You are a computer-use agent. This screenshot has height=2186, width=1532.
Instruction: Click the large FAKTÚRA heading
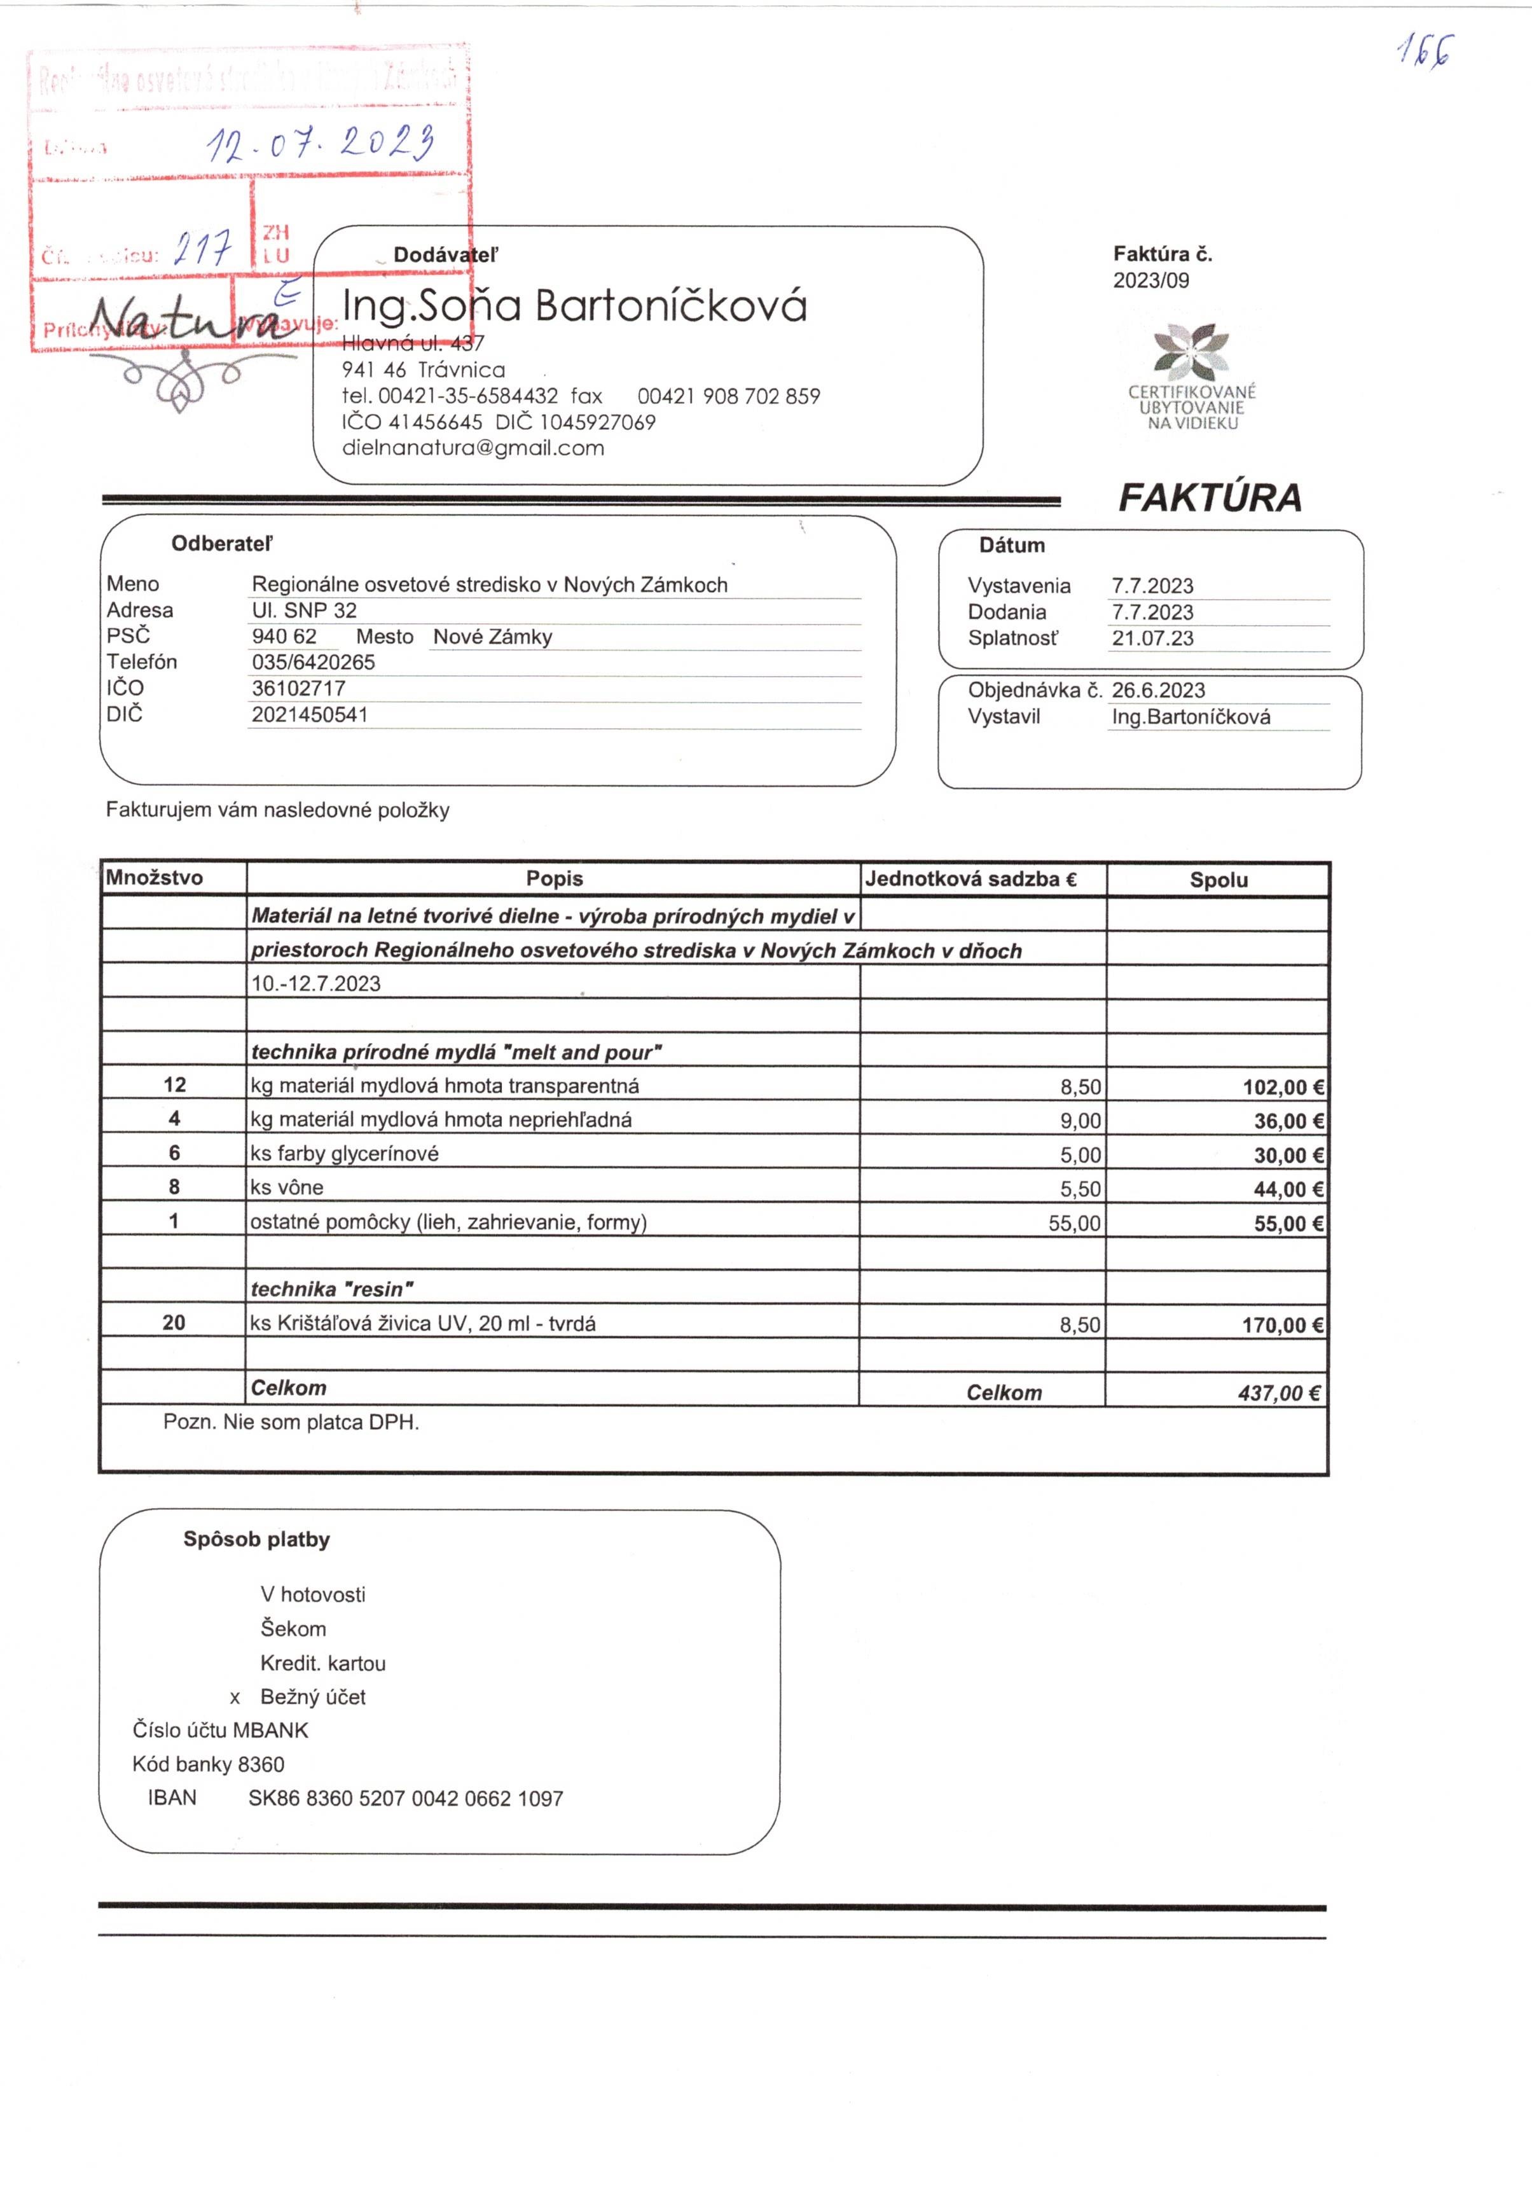tap(1208, 498)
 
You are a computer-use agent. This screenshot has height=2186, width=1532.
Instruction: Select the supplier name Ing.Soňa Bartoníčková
tap(574, 306)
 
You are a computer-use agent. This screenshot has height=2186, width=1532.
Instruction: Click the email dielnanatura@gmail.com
tap(473, 448)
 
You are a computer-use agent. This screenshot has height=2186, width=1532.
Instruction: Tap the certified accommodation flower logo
tap(1190, 349)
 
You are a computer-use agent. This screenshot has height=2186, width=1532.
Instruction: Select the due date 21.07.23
tap(1152, 638)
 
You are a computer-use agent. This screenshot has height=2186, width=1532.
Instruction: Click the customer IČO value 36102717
tap(298, 688)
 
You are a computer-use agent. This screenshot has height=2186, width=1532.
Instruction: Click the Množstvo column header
tap(155, 878)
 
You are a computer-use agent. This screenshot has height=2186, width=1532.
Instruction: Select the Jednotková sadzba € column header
tap(970, 879)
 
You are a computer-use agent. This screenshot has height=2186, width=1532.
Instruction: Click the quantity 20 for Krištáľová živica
tap(174, 1322)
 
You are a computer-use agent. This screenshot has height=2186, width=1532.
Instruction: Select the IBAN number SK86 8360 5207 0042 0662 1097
tap(406, 1799)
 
